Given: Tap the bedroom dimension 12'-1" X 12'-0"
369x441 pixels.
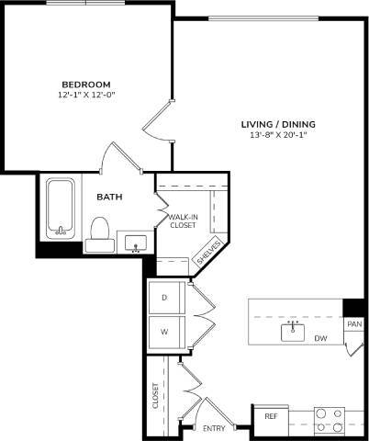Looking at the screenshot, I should click(x=87, y=94).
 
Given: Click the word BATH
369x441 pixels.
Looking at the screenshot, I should click(x=111, y=196).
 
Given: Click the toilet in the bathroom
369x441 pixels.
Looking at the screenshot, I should click(x=98, y=233).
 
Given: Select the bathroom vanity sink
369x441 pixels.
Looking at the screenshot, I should click(x=136, y=243).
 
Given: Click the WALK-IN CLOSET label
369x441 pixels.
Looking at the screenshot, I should click(x=183, y=220).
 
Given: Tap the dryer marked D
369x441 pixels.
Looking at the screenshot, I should click(x=165, y=298).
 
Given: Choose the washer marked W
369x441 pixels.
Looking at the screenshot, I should click(x=165, y=331).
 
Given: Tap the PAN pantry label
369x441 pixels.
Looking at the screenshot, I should click(x=353, y=324).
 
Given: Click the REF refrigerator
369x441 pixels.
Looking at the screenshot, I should click(x=272, y=417).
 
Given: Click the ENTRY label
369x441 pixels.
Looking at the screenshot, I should click(x=214, y=428).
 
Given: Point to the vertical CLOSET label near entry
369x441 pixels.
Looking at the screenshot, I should click(x=156, y=395).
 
